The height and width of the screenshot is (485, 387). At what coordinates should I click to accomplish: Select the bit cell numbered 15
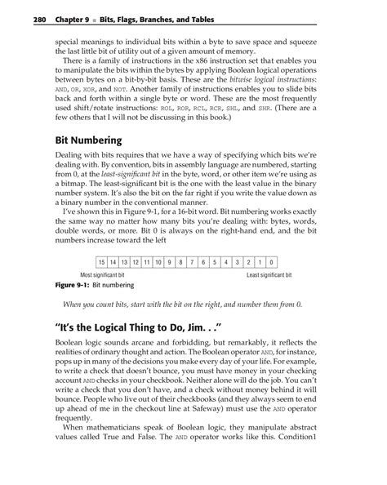[x=101, y=262]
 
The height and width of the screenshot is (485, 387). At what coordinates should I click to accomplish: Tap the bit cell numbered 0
[x=270, y=262]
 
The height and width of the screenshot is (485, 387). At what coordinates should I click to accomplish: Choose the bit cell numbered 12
[x=135, y=262]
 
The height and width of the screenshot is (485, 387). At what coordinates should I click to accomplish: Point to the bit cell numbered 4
[x=225, y=262]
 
